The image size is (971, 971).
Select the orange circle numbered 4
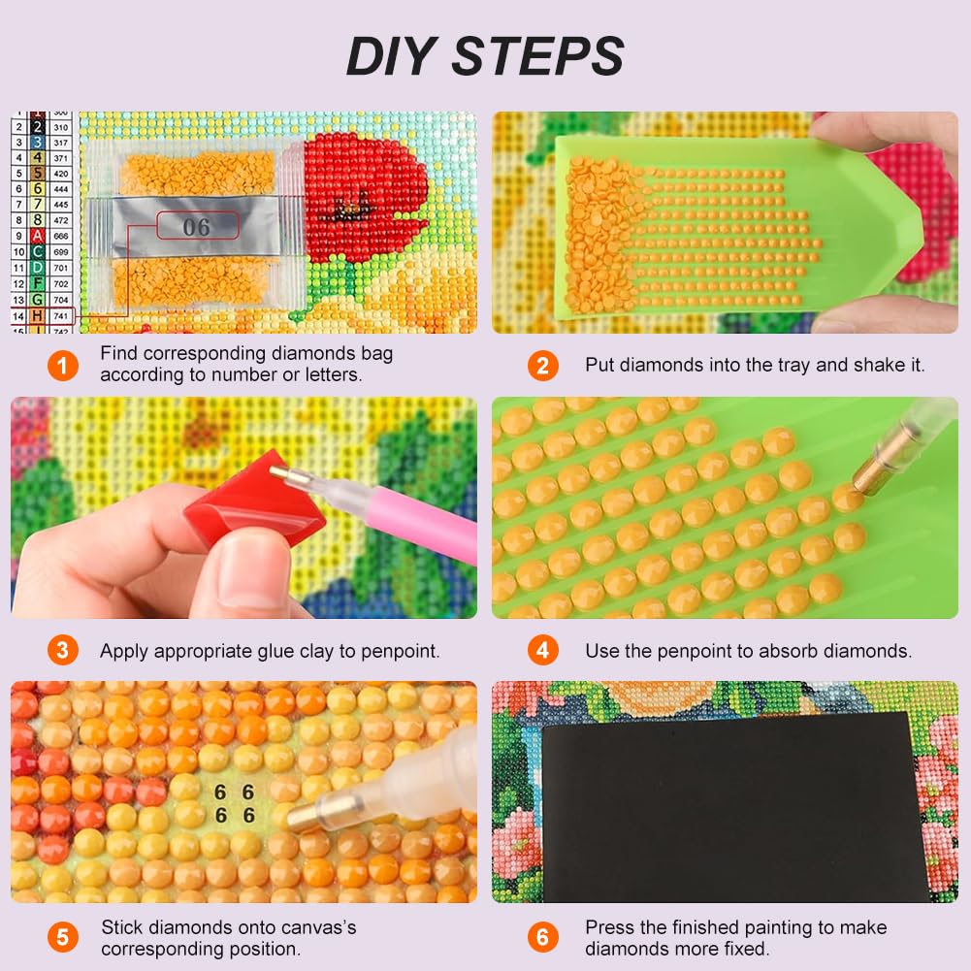click(543, 650)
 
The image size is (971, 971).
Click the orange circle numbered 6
click(543, 937)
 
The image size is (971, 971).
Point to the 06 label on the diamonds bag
click(196, 227)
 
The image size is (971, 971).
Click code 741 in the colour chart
click(60, 317)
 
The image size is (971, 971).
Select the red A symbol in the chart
click(37, 236)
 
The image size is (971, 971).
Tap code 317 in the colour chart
click(60, 142)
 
